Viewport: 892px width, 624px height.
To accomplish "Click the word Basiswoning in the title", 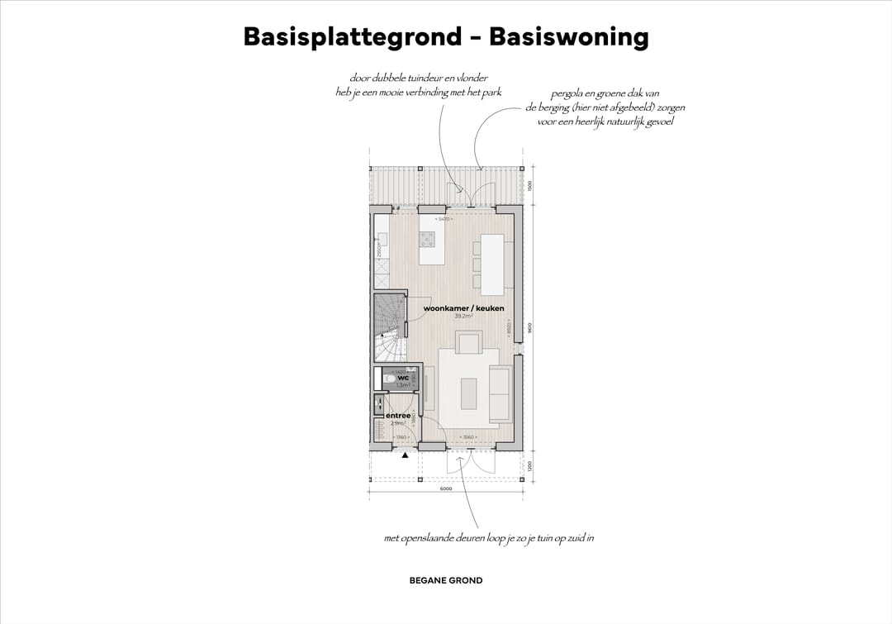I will (x=568, y=37).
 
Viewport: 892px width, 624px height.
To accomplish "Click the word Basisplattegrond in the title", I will (x=353, y=37).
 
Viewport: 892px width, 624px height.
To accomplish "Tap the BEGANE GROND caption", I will (x=446, y=580).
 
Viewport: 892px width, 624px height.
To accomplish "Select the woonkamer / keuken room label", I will (x=463, y=308).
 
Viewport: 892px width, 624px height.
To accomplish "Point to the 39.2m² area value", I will (x=463, y=317).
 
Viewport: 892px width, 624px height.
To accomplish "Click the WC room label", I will (x=403, y=379).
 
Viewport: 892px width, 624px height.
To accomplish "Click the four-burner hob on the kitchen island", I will (x=428, y=240).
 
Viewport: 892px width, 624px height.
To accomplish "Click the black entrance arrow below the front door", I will (x=405, y=455).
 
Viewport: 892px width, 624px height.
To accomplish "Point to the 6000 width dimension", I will (x=446, y=488).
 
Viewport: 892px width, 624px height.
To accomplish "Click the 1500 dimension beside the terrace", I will (x=530, y=185).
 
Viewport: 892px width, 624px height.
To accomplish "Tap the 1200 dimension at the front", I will (x=530, y=466).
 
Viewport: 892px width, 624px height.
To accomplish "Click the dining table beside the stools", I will (x=493, y=264).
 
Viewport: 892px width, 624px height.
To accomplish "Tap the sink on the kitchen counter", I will (x=382, y=240).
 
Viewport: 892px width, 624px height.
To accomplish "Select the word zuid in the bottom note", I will (x=567, y=538).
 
